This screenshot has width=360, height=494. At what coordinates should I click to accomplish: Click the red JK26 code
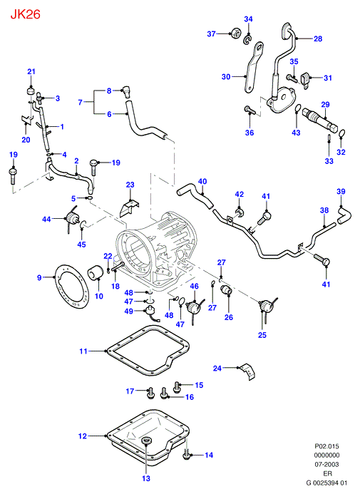[26, 14]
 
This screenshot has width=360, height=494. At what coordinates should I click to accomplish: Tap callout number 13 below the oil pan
[146, 478]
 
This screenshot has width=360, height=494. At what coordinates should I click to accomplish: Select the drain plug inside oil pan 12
[146, 441]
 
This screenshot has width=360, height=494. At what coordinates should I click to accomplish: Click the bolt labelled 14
[186, 456]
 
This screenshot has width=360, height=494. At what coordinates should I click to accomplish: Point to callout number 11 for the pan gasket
[83, 351]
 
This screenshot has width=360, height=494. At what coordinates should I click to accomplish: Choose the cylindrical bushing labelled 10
[95, 273]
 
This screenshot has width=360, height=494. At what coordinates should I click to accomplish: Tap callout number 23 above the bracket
[130, 185]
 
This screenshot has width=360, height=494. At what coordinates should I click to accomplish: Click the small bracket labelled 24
[248, 372]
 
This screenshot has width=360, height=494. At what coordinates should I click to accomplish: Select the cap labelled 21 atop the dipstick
[30, 91]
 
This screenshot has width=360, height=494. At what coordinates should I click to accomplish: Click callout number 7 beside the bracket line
[81, 102]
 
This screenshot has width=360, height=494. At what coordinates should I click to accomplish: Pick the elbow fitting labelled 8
[127, 91]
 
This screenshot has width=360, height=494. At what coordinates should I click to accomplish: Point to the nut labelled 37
[235, 33]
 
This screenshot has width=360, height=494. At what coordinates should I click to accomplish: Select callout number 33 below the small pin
[329, 161]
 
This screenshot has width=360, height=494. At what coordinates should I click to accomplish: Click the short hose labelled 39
[344, 215]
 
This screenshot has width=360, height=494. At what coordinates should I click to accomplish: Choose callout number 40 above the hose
[202, 181]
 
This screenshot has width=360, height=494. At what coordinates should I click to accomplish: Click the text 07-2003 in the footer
[327, 464]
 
